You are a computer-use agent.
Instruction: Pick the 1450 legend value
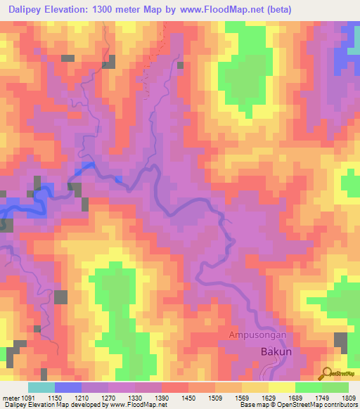click(x=187, y=398)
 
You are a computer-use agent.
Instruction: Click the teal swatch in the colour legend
click(x=41, y=387)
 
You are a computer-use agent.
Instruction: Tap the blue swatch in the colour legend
click(x=68, y=387)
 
